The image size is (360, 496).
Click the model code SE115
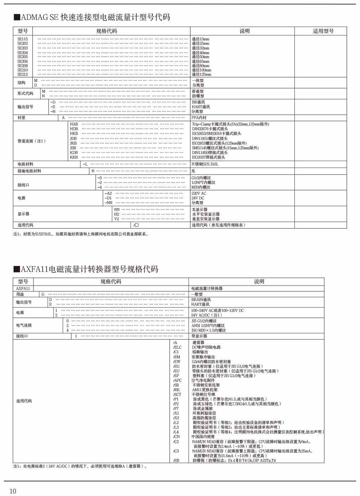pyautogui.click(x=22, y=39)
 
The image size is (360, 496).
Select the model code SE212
pyautogui.click(x=22, y=75)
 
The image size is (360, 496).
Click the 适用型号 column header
pyautogui.click(x=323, y=31)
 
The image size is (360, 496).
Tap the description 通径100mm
pyautogui.click(x=201, y=70)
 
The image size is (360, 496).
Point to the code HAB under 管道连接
pyautogui.click(x=74, y=124)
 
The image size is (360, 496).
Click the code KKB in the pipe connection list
pyautogui.click(x=74, y=157)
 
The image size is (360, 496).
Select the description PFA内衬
pyautogui.click(x=199, y=118)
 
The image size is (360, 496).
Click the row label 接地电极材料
pyautogui.click(x=29, y=171)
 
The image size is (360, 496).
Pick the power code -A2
pyautogui.click(x=108, y=193)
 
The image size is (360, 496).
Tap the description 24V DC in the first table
pyautogui.click(x=198, y=198)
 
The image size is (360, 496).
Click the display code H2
pyautogui.click(x=117, y=214)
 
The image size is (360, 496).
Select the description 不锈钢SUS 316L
pyautogui.click(x=205, y=164)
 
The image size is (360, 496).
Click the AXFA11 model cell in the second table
pyautogui.click(x=23, y=288)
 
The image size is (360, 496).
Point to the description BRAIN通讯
pyautogui.click(x=201, y=300)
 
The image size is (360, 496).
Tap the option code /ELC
pyautogui.click(x=177, y=347)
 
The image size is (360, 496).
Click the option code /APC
pyautogui.click(x=177, y=380)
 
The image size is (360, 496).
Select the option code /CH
pyautogui.click(x=176, y=437)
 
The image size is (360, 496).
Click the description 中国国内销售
pyautogui.click(x=203, y=437)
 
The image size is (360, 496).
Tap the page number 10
pyautogui.click(x=13, y=491)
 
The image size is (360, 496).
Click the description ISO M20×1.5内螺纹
pyautogui.click(x=208, y=330)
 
